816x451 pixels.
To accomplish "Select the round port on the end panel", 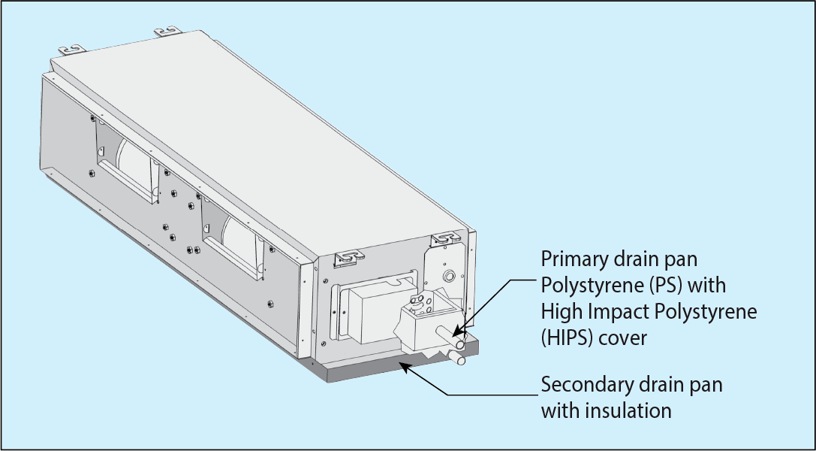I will pyautogui.click(x=449, y=277).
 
